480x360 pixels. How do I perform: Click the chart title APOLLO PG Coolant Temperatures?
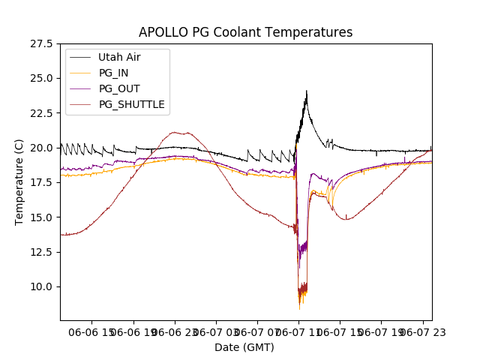[245, 32]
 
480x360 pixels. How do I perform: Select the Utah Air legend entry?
[119, 57]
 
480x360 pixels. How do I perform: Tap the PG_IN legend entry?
[114, 73]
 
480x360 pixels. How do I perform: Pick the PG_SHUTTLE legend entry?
[132, 104]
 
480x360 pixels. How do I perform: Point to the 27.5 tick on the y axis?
[41, 43]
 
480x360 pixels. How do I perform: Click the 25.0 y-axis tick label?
[41, 78]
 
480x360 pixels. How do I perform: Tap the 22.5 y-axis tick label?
[41, 113]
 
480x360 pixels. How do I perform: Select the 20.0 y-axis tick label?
[41, 148]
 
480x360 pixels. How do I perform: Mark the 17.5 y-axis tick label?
[41, 182]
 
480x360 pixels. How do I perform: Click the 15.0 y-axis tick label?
[41, 217]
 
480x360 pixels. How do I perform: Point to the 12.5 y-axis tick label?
[41, 252]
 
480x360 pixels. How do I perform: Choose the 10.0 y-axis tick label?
[41, 286]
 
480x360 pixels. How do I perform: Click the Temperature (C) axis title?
[19, 182]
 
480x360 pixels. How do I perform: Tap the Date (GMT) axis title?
[244, 347]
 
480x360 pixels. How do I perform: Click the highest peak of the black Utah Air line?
[306, 91]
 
